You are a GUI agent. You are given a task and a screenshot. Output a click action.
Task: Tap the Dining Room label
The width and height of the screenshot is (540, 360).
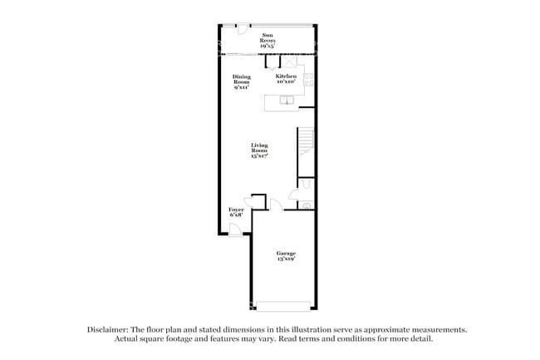pos(241,81)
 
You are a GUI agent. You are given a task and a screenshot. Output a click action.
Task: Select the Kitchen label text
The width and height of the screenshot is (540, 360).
pos(287,76)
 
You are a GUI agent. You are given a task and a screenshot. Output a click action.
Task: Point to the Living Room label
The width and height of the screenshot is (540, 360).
pos(259,150)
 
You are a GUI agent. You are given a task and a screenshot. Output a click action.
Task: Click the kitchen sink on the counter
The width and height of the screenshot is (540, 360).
pos(287,101)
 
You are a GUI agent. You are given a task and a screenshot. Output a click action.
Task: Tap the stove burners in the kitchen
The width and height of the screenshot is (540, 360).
pos(309,81)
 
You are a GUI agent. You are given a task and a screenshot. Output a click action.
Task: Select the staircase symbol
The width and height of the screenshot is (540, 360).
pos(307,141)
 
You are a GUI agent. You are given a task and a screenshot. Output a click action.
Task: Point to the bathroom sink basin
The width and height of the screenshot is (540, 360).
pos(306,205)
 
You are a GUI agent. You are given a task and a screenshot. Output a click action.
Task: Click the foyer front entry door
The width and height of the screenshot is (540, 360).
pos(236,230)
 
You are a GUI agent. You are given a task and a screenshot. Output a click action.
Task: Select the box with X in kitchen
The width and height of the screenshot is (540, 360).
pos(288,61)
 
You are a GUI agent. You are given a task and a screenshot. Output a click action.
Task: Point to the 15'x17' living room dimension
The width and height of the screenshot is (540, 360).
pos(259,156)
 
